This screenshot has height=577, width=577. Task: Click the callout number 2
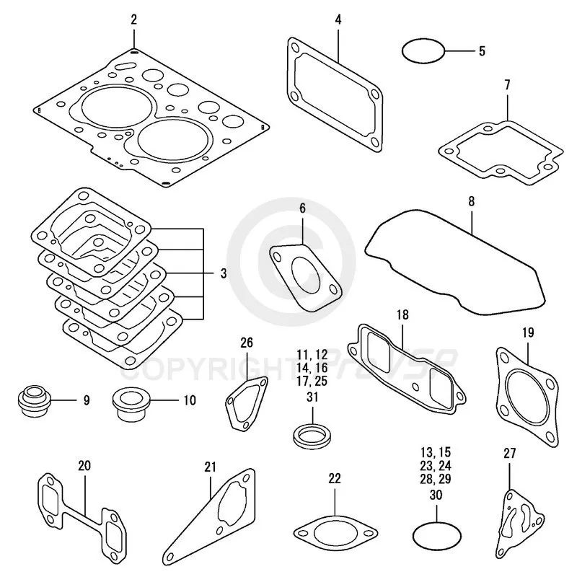click(133, 19)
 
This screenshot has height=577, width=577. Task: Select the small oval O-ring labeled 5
click(423, 51)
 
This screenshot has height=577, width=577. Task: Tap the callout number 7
click(507, 85)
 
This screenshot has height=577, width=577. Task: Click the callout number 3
click(224, 274)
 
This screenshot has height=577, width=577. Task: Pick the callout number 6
click(302, 208)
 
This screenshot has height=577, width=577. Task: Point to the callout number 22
click(334, 478)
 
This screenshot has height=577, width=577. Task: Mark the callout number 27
click(509, 454)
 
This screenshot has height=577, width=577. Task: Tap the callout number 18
click(402, 314)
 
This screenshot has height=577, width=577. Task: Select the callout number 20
click(84, 466)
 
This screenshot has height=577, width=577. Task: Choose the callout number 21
click(210, 467)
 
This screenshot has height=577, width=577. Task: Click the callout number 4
click(338, 19)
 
